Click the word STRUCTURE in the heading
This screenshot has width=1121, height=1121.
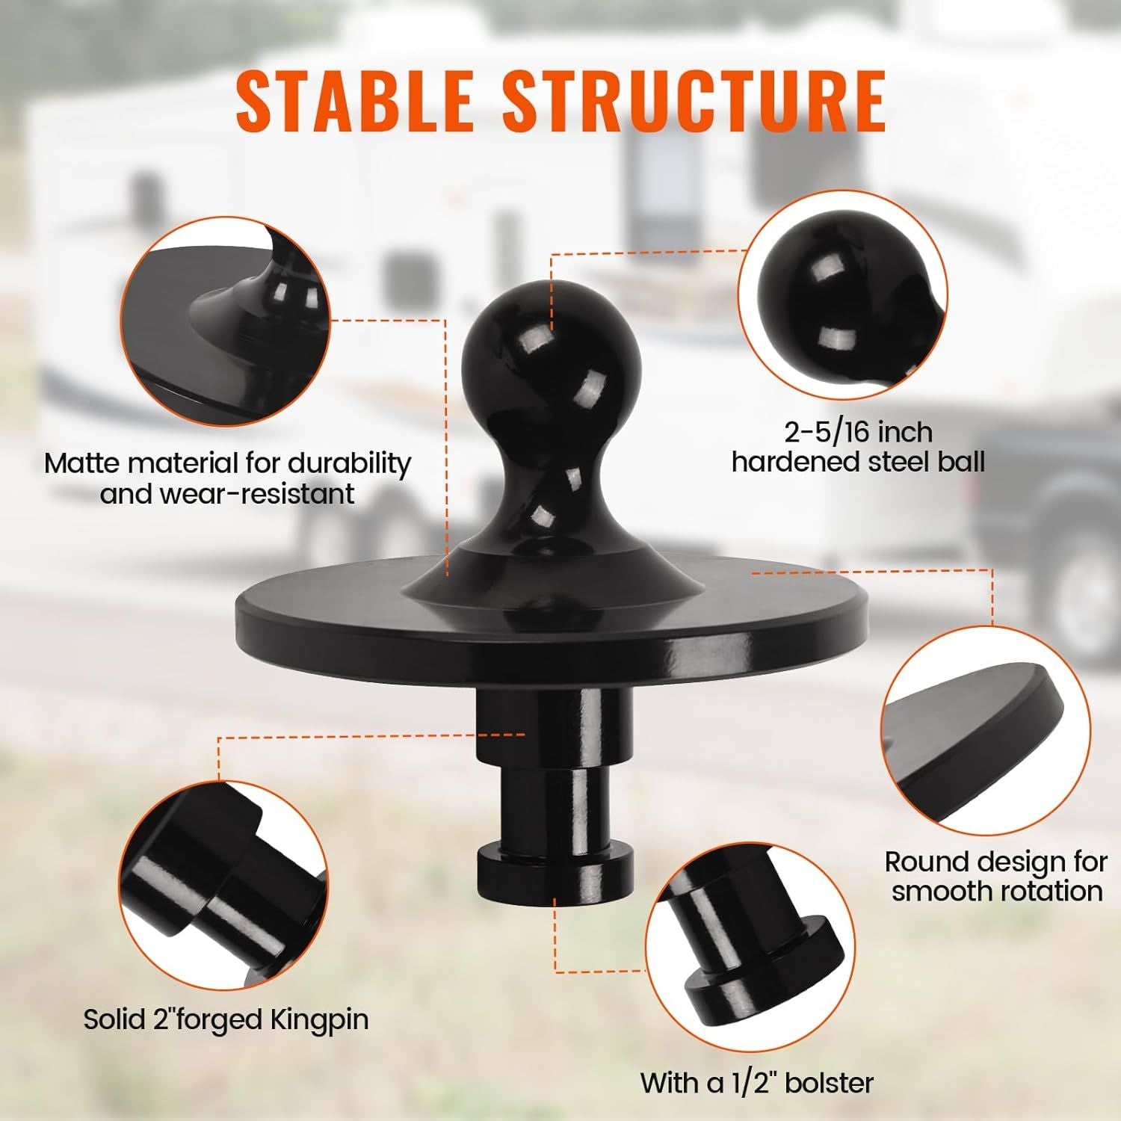694,99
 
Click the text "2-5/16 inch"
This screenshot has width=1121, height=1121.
858,432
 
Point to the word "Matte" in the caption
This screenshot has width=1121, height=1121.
84,463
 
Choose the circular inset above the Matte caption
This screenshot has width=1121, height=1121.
225,321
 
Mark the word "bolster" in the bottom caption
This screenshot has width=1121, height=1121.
830,1082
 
